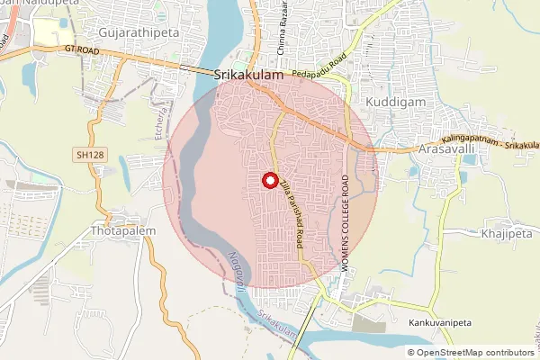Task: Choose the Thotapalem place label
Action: tap(124, 231)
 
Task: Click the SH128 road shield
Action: tap(85, 156)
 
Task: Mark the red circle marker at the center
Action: tap(269, 180)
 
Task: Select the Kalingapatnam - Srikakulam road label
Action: tap(490, 144)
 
